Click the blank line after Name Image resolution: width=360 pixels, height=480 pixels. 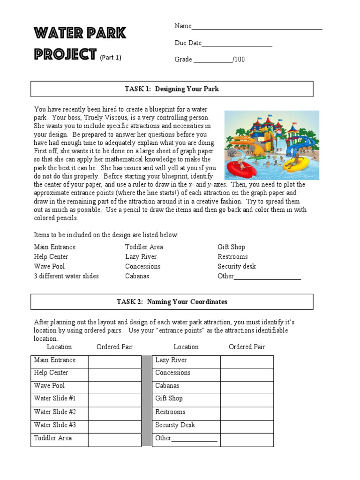(x=257, y=27)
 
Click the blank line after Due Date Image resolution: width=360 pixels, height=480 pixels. (x=237, y=44)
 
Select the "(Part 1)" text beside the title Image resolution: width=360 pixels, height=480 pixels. (x=111, y=58)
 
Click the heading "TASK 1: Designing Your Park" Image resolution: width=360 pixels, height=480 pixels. (x=172, y=89)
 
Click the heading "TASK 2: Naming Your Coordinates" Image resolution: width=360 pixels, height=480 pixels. (x=172, y=302)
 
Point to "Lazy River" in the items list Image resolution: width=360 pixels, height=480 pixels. (x=141, y=257)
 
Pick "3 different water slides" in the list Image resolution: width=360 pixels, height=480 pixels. (x=66, y=276)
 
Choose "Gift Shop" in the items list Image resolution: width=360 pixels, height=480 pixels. (x=231, y=247)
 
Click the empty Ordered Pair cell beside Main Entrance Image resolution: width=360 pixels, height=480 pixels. (x=114, y=361)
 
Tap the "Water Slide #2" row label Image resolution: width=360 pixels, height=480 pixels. (x=55, y=412)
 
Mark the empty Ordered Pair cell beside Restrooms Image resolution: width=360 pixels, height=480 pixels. (x=247, y=413)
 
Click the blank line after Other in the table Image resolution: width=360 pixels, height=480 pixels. (x=195, y=439)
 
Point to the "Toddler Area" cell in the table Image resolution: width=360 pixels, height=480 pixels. (x=53, y=438)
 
